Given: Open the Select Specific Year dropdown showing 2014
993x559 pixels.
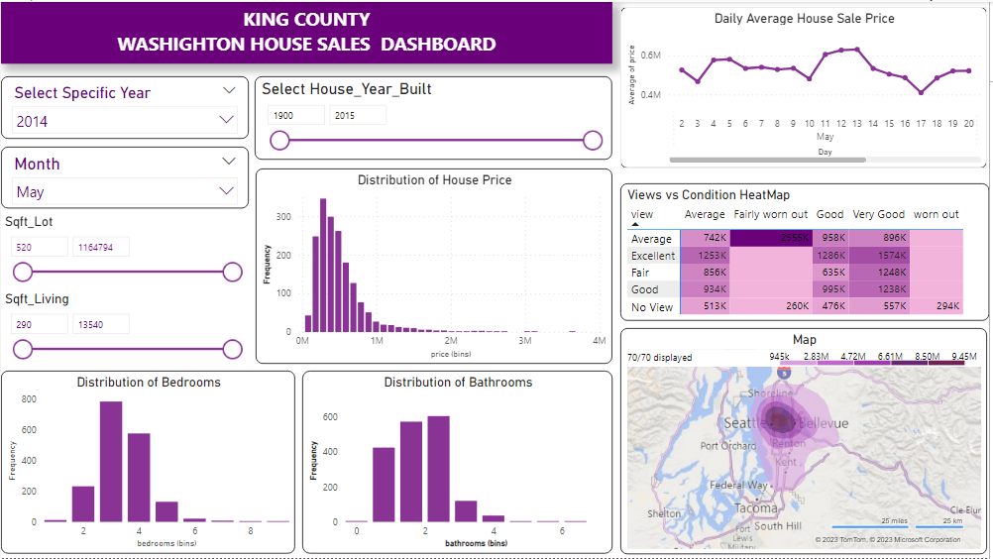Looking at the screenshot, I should pyautogui.click(x=125, y=121).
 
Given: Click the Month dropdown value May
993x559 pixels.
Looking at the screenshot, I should pyautogui.click(x=125, y=191).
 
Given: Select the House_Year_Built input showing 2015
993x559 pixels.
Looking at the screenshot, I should pyautogui.click(x=357, y=116).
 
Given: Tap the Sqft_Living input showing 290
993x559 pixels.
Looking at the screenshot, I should pyautogui.click(x=39, y=324).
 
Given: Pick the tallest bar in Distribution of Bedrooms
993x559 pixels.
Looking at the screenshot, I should pyautogui.click(x=111, y=461).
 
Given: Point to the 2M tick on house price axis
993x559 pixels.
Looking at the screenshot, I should pyautogui.click(x=451, y=341).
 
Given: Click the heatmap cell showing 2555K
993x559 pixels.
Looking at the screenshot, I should pyautogui.click(x=771, y=239).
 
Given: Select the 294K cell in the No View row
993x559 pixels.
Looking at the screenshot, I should pyautogui.click(x=937, y=306).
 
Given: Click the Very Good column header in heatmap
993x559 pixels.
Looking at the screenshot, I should pyautogui.click(x=879, y=214).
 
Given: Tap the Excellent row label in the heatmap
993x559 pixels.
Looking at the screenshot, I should pyautogui.click(x=653, y=256).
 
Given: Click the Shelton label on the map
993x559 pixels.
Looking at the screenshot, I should pyautogui.click(x=663, y=513).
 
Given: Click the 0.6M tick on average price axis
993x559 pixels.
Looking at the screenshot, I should pyautogui.click(x=650, y=56).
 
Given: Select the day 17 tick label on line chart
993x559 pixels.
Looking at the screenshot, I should pyautogui.click(x=922, y=124).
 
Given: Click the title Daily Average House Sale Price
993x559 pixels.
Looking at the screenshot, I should pyautogui.click(x=804, y=19).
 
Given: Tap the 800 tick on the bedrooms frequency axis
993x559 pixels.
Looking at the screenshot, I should pyautogui.click(x=28, y=398).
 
